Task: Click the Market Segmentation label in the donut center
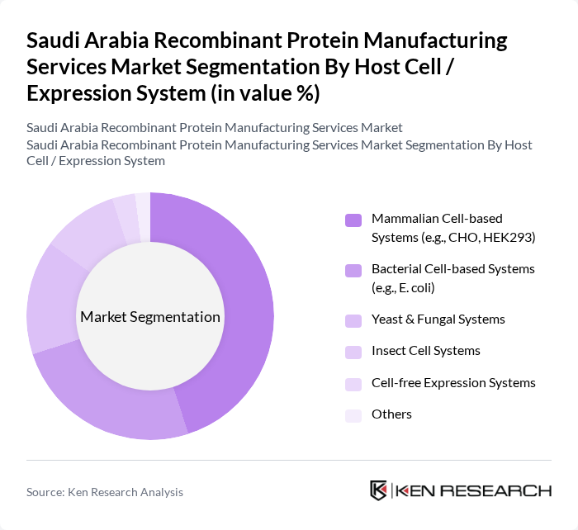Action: point(150,317)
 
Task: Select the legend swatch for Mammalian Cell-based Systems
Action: point(353,220)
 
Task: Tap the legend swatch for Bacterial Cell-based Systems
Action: point(353,270)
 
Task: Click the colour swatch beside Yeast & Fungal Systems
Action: point(353,320)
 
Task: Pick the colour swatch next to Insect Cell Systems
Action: point(353,352)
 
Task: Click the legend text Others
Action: point(391,414)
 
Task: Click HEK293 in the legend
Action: point(508,237)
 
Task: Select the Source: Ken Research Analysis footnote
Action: point(105,491)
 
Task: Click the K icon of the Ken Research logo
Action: point(378,490)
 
